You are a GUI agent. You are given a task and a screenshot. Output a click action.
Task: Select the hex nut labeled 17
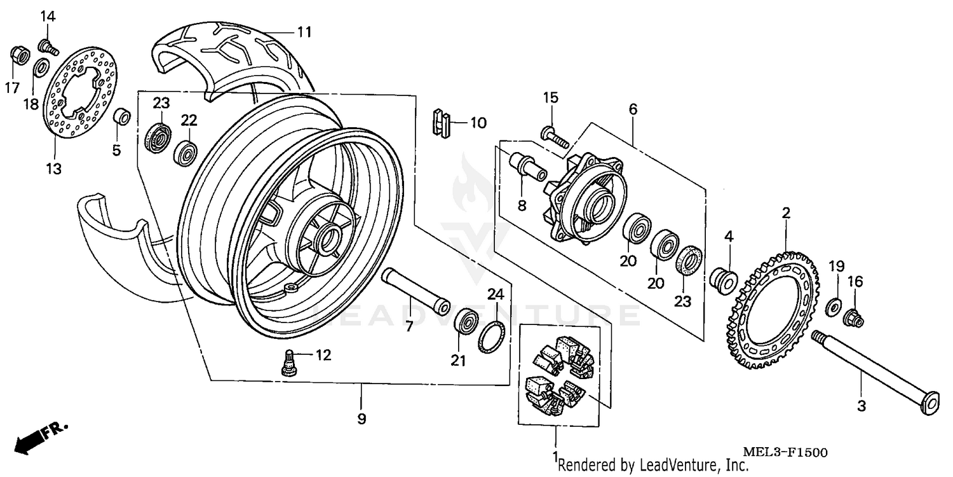(x=20, y=56)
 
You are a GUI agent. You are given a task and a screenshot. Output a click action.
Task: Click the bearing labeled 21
(x=467, y=321)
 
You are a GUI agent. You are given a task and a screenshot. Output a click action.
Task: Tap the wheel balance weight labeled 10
(x=440, y=123)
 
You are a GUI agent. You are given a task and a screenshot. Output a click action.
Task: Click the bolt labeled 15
(x=553, y=137)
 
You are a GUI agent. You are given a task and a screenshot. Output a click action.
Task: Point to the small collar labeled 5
(x=123, y=119)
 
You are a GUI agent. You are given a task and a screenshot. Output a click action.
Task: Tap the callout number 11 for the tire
(x=305, y=32)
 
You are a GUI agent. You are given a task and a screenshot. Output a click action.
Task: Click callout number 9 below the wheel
(x=361, y=420)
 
